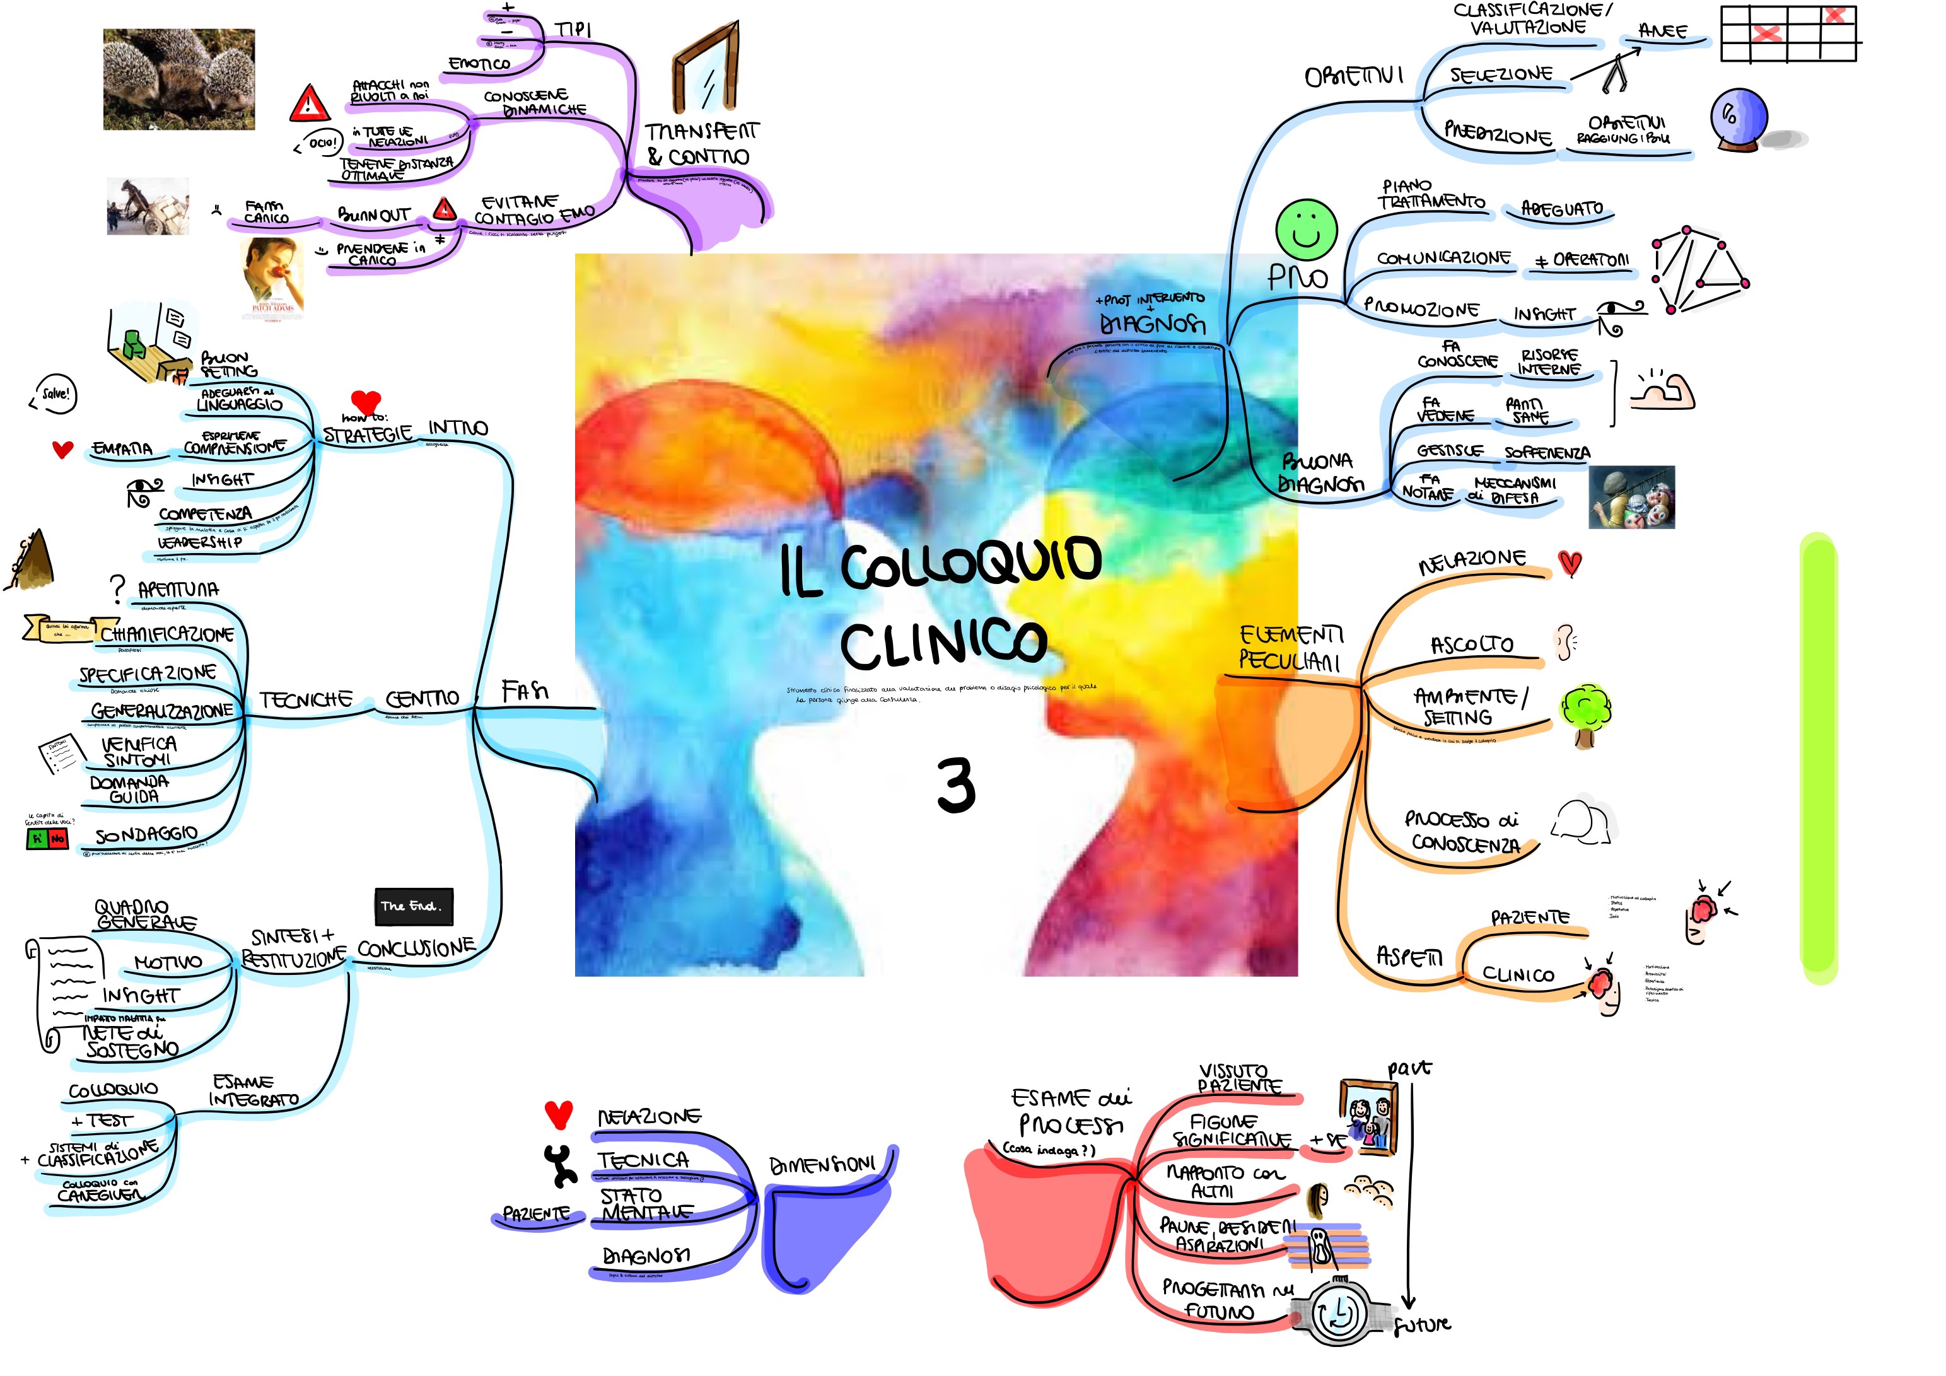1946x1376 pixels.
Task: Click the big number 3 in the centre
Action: click(x=955, y=786)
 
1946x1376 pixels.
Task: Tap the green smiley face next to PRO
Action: click(x=1306, y=229)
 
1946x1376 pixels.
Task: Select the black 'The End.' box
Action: click(x=414, y=906)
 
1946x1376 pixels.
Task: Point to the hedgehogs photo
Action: click(x=179, y=79)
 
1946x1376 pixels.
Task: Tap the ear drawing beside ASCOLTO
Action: click(x=1564, y=642)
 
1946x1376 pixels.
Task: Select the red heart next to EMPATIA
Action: click(x=62, y=450)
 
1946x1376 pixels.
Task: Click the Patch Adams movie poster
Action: click(x=272, y=276)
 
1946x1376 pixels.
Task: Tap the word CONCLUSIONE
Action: click(x=416, y=948)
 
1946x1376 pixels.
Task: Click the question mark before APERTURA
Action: click(x=117, y=586)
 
